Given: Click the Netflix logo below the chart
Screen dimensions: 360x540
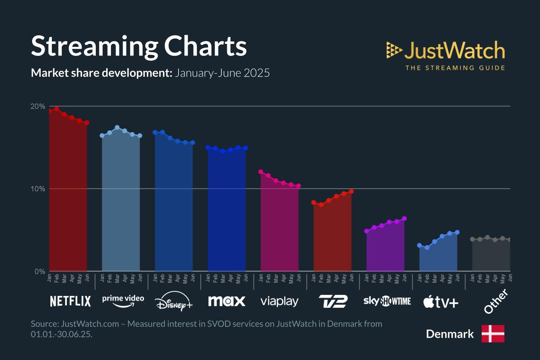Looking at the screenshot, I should (x=70, y=301).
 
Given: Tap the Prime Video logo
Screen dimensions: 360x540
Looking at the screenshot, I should (x=123, y=301).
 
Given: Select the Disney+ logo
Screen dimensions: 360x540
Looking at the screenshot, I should (x=174, y=302).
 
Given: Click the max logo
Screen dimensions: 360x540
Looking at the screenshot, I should (x=227, y=301).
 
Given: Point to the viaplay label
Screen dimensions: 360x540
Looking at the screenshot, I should (x=279, y=301).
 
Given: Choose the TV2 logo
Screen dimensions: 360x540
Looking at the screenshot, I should (x=333, y=301).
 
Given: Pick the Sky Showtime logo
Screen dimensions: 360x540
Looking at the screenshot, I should (x=387, y=301).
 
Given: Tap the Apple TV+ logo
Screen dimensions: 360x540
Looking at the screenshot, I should (x=441, y=302).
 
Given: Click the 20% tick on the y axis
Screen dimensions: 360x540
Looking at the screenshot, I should (x=38, y=107).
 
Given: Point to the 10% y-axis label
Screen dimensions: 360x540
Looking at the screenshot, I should (x=38, y=189).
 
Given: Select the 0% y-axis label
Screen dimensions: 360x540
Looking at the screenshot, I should (x=40, y=271).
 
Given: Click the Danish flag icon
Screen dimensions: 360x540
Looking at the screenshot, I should (x=493, y=334).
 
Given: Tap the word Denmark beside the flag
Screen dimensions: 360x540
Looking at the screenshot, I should (x=450, y=334).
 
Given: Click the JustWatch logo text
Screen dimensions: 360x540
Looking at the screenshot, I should (x=454, y=50).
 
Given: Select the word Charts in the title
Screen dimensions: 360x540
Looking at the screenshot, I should (x=205, y=46).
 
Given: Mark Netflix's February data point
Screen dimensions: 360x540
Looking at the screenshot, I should (x=57, y=109).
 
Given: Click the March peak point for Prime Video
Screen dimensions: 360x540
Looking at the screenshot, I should (x=117, y=127).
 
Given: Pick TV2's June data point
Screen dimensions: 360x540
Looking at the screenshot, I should (x=351, y=192).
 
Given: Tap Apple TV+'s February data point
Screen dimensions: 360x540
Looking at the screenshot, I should (x=427, y=248).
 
